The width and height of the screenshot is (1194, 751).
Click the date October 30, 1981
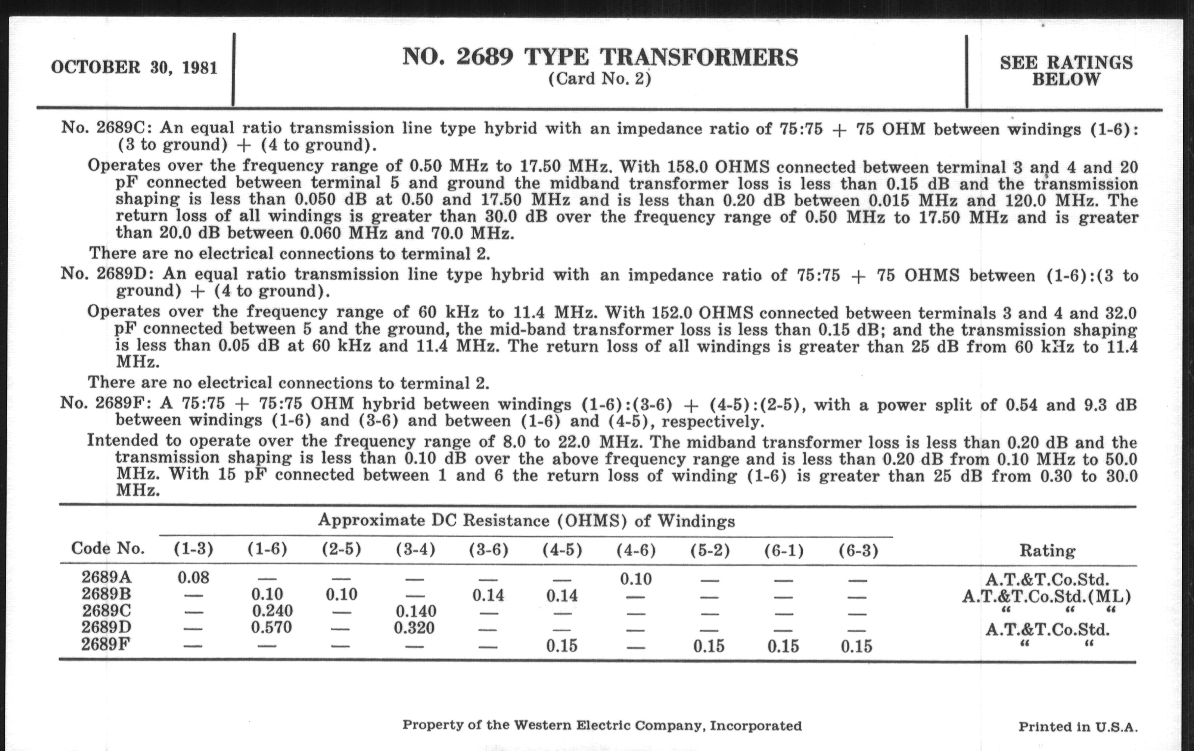pyautogui.click(x=134, y=67)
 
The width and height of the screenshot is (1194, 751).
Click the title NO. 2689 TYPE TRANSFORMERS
pyautogui.click(x=600, y=57)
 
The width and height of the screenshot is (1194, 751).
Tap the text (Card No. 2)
pyautogui.click(x=599, y=79)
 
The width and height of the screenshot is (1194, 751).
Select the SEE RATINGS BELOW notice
pyautogui.click(x=1066, y=70)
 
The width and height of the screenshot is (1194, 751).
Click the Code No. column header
pyautogui.click(x=108, y=548)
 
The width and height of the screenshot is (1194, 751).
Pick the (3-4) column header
pyautogui.click(x=415, y=549)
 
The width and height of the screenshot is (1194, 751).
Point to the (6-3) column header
pyautogui.click(x=858, y=550)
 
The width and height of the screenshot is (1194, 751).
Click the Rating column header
pyautogui.click(x=1047, y=550)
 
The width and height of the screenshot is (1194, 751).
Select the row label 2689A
pyautogui.click(x=107, y=577)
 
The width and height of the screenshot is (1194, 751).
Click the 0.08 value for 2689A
pyautogui.click(x=193, y=578)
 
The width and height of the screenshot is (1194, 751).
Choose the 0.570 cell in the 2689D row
pyautogui.click(x=271, y=628)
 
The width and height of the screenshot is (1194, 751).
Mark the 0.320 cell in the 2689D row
pyautogui.click(x=414, y=628)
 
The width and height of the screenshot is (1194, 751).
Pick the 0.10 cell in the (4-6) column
pyautogui.click(x=636, y=579)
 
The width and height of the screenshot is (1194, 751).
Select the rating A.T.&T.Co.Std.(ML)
pyautogui.click(x=1047, y=596)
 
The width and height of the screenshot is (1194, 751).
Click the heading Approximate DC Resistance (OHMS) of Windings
pyautogui.click(x=526, y=520)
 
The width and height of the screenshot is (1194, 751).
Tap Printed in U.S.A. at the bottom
pyautogui.click(x=1078, y=727)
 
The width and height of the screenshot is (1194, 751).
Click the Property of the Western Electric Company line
pyautogui.click(x=601, y=725)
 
